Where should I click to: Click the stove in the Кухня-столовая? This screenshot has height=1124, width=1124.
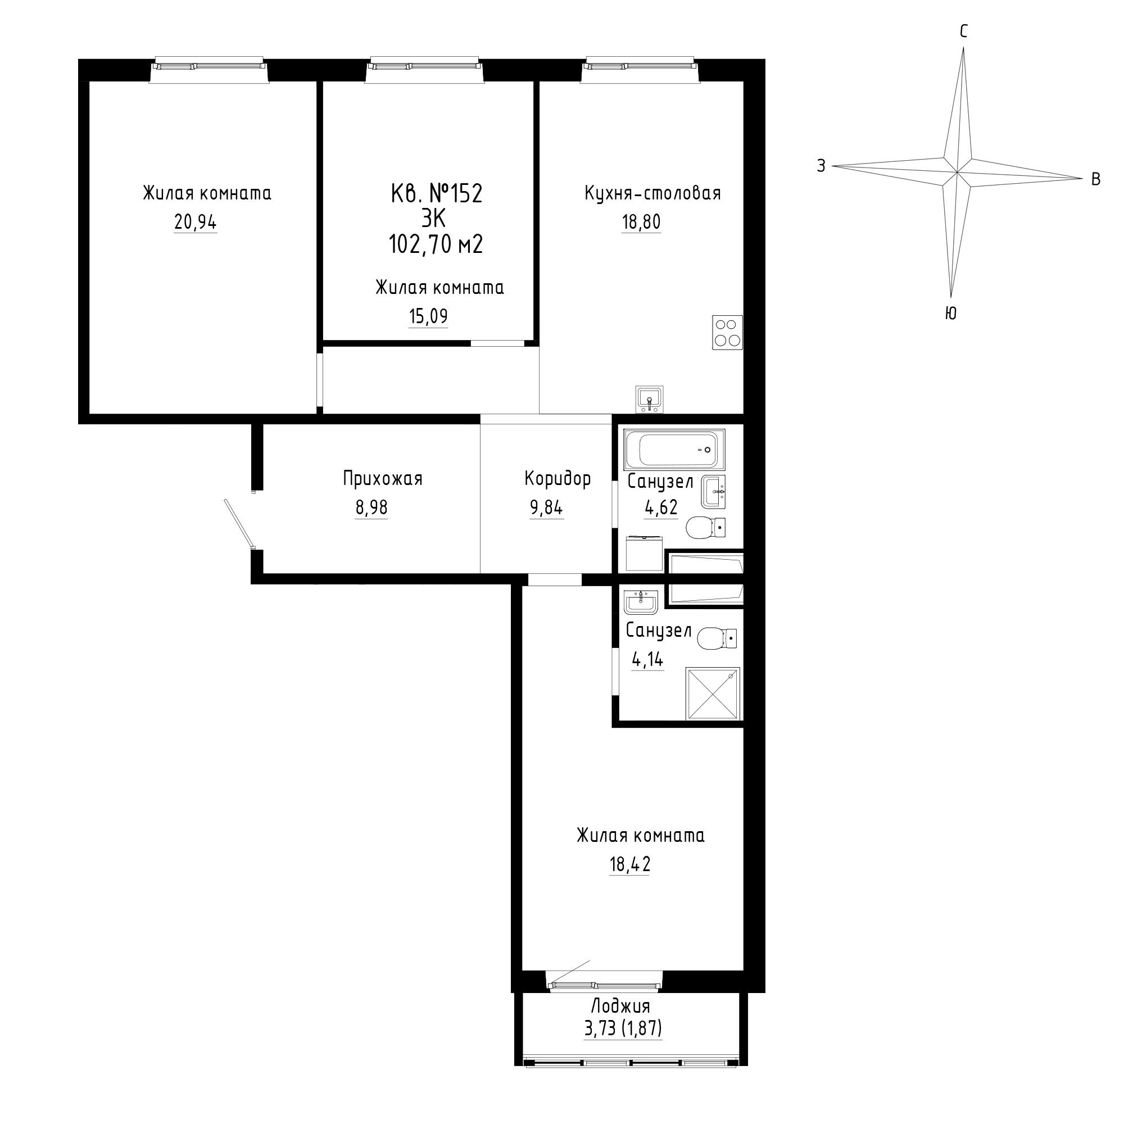click(x=727, y=332)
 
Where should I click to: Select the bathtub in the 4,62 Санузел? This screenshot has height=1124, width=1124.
click(x=674, y=450)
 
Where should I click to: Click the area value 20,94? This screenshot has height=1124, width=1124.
click(x=195, y=222)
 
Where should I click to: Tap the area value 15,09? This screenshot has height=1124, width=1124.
click(x=428, y=316)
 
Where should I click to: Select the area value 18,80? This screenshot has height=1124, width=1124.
click(x=641, y=222)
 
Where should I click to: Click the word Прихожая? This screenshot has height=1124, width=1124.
click(x=382, y=479)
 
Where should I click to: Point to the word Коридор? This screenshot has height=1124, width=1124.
click(x=558, y=479)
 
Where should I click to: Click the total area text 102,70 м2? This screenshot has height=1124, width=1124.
click(x=436, y=245)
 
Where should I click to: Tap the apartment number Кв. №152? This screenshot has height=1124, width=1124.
click(x=436, y=194)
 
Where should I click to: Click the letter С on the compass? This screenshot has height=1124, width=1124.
click(x=963, y=31)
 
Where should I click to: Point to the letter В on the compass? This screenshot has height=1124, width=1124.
click(x=1095, y=179)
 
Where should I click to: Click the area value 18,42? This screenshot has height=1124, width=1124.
click(x=629, y=864)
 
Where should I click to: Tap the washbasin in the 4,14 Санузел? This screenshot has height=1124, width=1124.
click(x=641, y=601)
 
